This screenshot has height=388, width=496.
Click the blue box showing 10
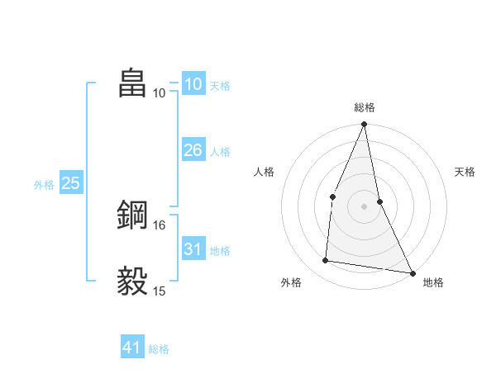coord(193,84)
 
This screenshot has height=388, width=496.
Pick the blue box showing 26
coord(193,150)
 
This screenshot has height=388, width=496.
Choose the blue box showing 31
coord(193,249)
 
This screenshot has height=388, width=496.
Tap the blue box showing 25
coord(71,183)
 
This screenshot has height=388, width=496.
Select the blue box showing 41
coord(132,348)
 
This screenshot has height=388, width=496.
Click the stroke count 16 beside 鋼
coord(160,225)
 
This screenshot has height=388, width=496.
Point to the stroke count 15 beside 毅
coord(160,291)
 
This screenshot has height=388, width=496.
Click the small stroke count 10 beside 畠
coord(160,92)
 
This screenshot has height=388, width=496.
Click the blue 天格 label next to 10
coord(220,85)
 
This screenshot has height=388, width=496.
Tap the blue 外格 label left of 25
coord(44,185)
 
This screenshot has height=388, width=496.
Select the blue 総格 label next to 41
coord(159,348)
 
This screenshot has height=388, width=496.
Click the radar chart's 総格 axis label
coord(365,107)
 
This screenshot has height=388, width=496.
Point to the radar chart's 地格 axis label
coord(433,282)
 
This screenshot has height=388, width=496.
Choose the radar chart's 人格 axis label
coord(265,172)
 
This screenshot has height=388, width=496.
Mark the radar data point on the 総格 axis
coord(365,125)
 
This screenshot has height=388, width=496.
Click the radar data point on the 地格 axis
coord(412,272)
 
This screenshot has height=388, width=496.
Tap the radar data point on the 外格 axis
coord(326,261)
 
